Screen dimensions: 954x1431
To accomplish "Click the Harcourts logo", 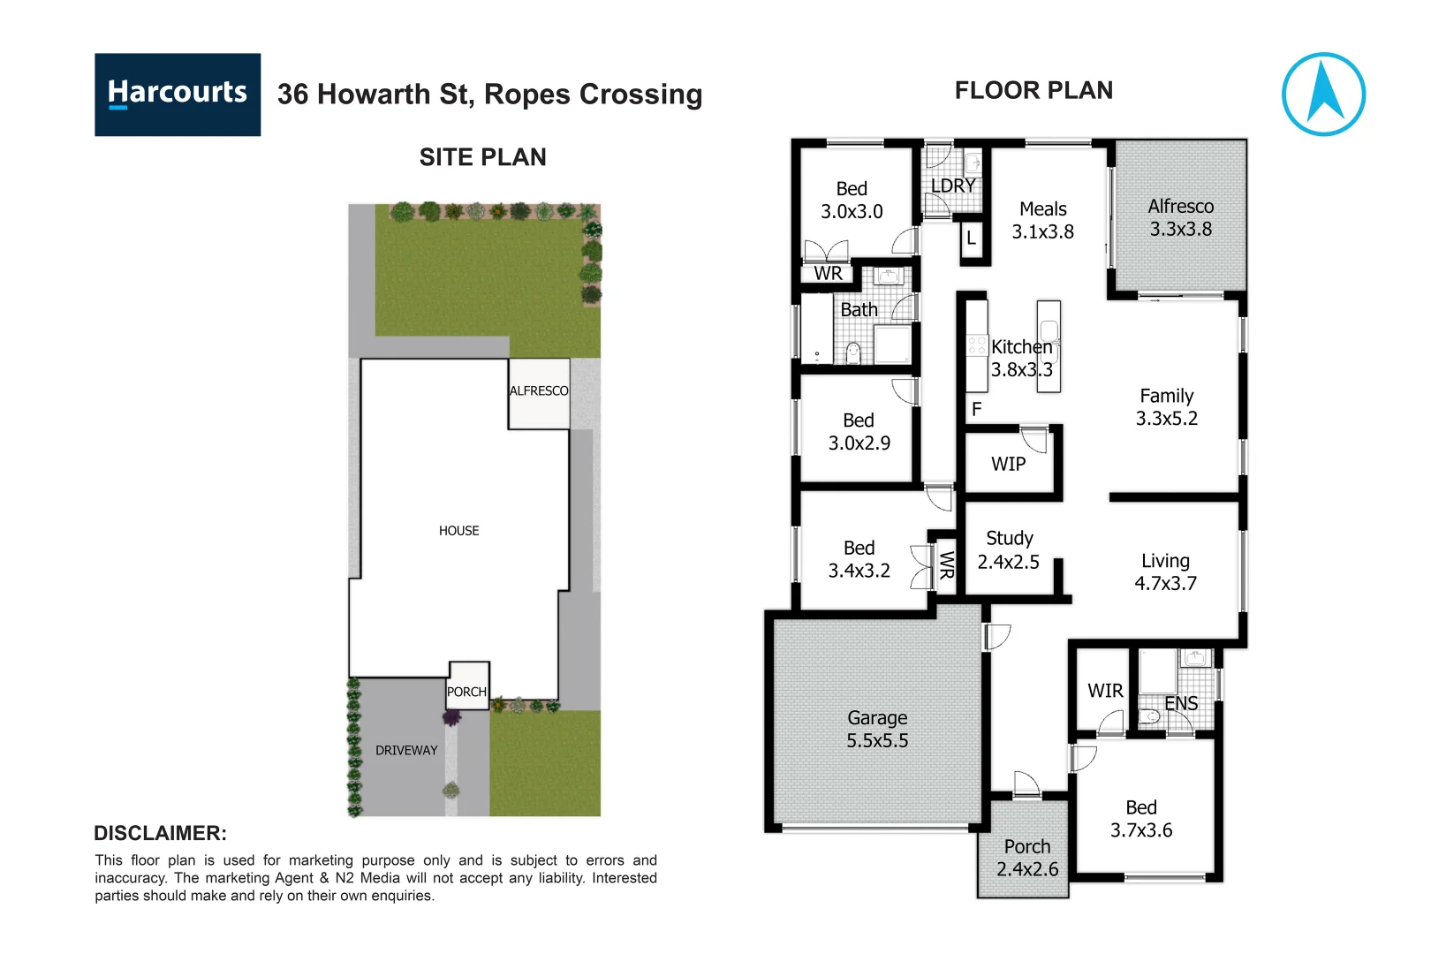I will pos(177,95).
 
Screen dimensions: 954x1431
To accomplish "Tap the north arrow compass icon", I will pos(1322,95).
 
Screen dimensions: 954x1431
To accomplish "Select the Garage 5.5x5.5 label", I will pos(876,730).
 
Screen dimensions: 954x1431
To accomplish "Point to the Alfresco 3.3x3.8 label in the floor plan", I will pos(1180,217).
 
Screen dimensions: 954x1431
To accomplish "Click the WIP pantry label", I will pos(1008,465).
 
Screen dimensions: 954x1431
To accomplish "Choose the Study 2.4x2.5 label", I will pos(1009,550).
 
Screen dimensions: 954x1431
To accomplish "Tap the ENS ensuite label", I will pos(1181,703).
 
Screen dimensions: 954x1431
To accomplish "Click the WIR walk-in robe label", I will pos(1105,691).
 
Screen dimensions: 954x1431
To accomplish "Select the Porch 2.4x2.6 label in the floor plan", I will pos(1026,858).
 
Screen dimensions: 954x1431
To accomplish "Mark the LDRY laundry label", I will pos(953,185).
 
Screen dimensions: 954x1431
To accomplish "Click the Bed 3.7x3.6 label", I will pos(1140,819).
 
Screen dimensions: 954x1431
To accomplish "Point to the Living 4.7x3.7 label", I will pos(1165,572).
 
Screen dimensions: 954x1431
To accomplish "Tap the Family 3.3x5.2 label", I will pos(1166,407).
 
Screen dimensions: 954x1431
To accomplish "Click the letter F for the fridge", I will pos(976,409).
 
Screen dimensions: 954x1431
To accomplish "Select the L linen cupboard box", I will pos(972,238).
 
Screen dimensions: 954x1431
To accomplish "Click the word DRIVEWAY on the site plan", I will pos(406,750).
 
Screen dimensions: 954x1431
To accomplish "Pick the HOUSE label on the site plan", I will pos(458,531).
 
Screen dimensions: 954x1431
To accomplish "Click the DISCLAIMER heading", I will pos(160,833).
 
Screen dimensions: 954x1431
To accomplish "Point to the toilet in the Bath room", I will pos(852,353).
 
